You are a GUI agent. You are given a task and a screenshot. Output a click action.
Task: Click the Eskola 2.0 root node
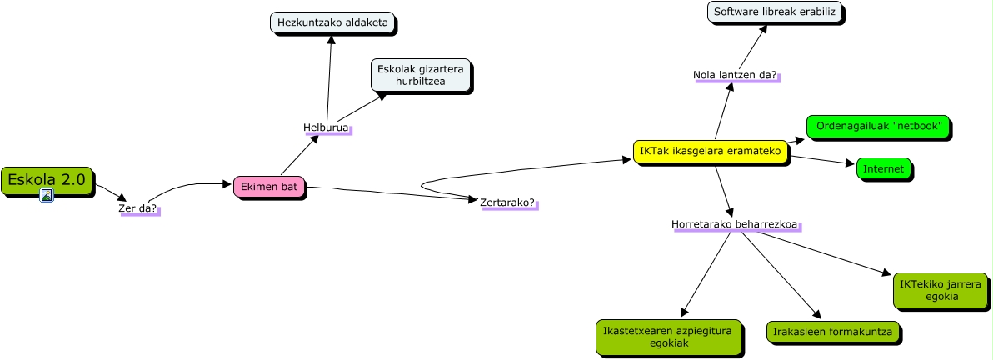coord(47,179)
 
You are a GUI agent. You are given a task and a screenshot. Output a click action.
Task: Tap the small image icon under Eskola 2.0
coord(47,195)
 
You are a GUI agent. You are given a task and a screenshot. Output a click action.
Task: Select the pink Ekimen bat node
coord(269,187)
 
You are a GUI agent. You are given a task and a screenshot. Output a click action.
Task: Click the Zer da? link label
coord(138,208)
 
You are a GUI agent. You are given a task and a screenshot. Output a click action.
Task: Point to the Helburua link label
coord(326,127)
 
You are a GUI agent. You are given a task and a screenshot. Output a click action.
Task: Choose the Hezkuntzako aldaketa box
coord(332,22)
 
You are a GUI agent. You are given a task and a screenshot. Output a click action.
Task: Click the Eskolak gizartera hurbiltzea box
coord(421,75)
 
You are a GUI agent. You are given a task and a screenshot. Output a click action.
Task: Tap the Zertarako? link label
coord(508,202)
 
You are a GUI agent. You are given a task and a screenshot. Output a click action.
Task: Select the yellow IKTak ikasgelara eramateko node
coord(710,151)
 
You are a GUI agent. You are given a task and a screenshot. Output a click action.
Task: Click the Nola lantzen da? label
coord(735,76)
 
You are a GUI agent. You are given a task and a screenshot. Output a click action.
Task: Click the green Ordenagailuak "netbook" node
coord(878,127)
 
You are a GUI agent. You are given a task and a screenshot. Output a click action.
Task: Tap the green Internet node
coord(883,169)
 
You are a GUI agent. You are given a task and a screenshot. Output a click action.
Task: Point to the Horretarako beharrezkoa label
coord(734,224)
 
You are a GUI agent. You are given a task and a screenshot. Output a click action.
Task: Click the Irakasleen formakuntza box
coord(832,332)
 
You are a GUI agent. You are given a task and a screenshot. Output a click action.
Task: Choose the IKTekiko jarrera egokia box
coord(940,290)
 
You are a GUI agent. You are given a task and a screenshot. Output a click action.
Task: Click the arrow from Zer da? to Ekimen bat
coord(192,186)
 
